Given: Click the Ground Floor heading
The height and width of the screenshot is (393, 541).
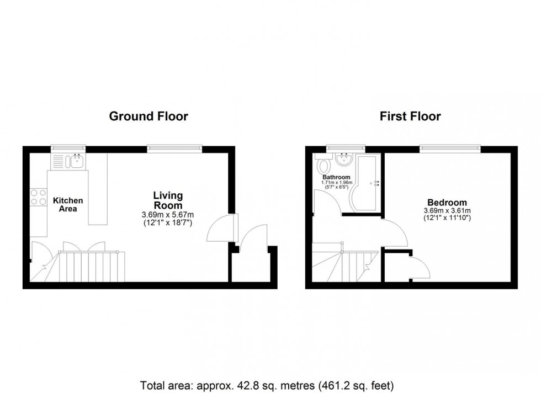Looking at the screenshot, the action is (x=148, y=116).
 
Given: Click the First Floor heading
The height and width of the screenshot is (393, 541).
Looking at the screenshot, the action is (x=410, y=116).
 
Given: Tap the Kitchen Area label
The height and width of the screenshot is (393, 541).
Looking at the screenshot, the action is (x=68, y=205).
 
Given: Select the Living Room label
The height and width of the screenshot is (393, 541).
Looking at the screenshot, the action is (x=168, y=200).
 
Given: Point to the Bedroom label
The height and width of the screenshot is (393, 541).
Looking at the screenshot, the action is (x=447, y=203).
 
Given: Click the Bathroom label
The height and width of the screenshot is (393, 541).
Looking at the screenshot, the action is (x=336, y=177).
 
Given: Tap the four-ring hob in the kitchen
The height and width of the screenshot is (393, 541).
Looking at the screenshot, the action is (x=38, y=197).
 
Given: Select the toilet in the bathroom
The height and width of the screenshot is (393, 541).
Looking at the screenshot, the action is (x=323, y=165).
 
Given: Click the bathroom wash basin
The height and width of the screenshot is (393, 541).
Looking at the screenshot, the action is (x=343, y=160).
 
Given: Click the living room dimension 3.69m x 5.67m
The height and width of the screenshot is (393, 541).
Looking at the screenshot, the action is (x=168, y=215).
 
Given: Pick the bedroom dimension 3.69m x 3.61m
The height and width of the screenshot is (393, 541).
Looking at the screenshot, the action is (x=447, y=211).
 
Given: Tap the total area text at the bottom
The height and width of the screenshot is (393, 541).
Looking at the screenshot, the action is (x=267, y=385).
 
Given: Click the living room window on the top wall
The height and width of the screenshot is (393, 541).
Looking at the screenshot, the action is (x=174, y=149).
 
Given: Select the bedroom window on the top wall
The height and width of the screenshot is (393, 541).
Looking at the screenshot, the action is (x=450, y=149).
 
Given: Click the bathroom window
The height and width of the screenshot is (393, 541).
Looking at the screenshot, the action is (x=346, y=149).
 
